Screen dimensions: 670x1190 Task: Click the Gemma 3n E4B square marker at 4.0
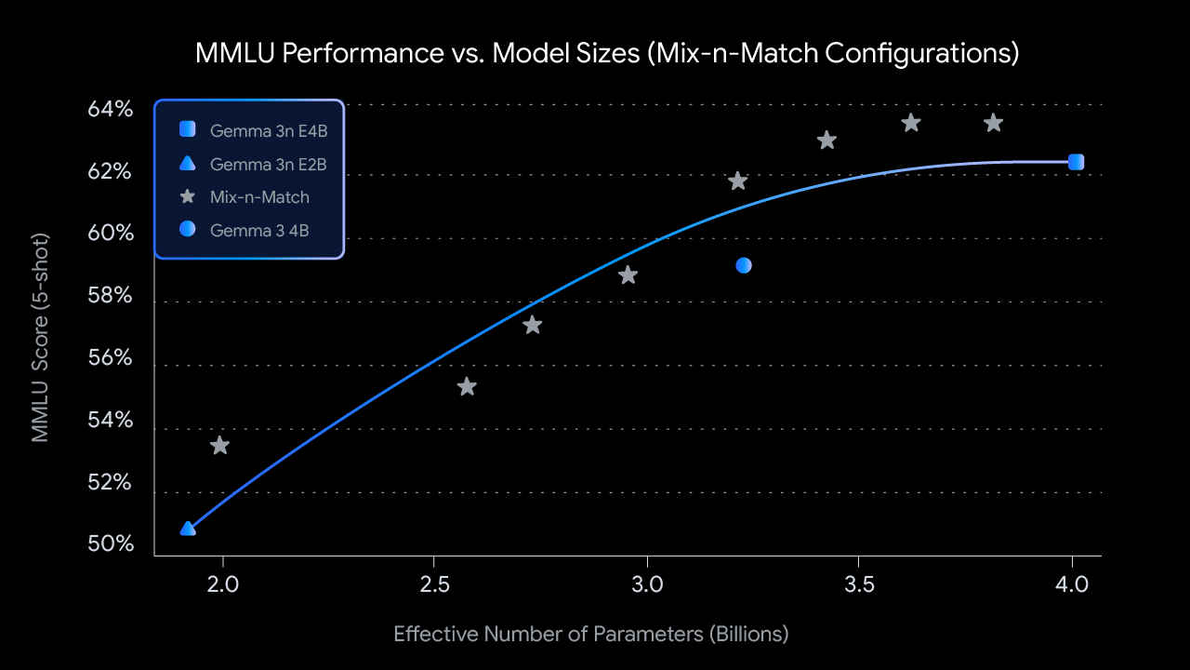[x=1076, y=162]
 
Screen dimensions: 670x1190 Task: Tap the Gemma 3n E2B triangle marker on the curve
[x=188, y=529]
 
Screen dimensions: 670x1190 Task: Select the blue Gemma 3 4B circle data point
[x=744, y=265]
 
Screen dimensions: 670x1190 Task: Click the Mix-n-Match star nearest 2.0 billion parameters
[x=219, y=446]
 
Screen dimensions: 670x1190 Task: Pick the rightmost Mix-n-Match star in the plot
[x=993, y=123]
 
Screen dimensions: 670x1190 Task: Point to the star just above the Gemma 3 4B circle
[x=738, y=181]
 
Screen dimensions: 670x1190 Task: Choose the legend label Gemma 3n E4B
[x=269, y=131]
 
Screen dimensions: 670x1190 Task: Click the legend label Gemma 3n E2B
[x=269, y=165]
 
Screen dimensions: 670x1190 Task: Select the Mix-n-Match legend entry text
[x=259, y=196]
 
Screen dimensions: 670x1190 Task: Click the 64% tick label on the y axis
[x=111, y=110]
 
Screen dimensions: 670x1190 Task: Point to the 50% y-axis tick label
[x=111, y=543]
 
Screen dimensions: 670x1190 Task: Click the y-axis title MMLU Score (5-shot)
[x=40, y=337]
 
